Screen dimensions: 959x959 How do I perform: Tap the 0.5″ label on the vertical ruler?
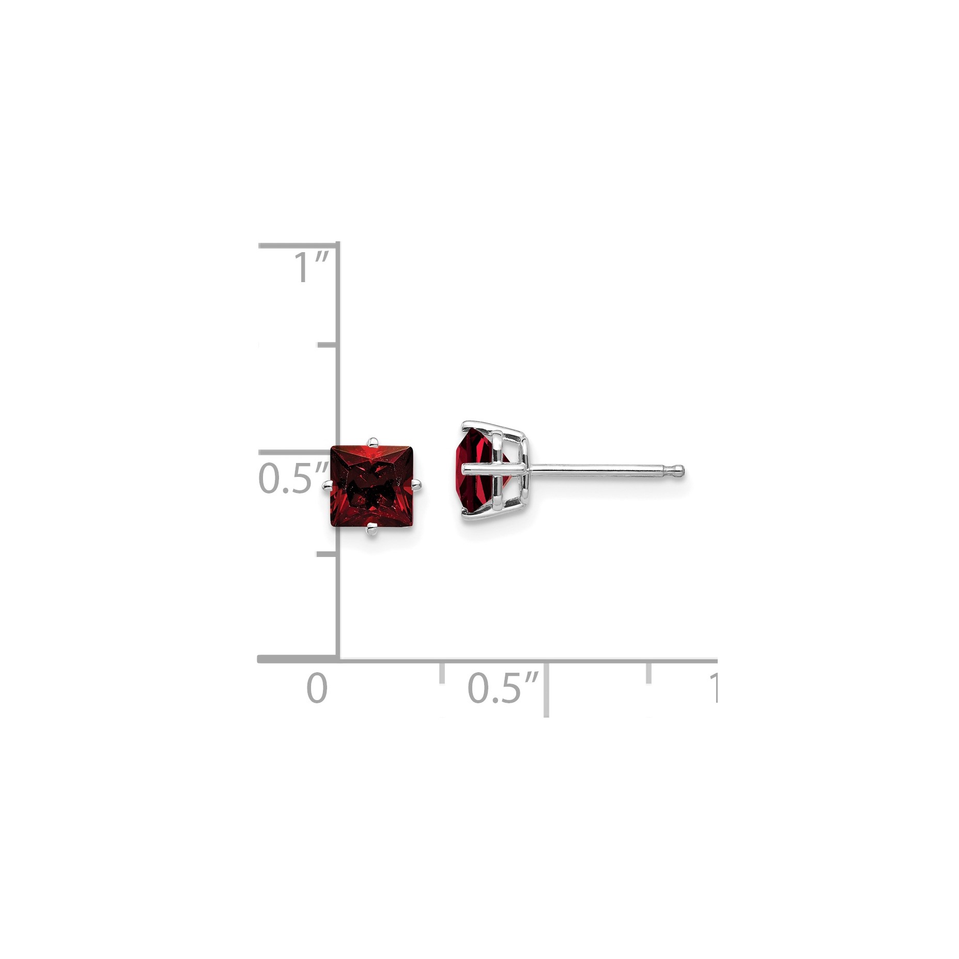(293, 478)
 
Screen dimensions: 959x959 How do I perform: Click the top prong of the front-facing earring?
(372, 442)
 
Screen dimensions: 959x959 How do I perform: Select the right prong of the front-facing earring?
(416, 484)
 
